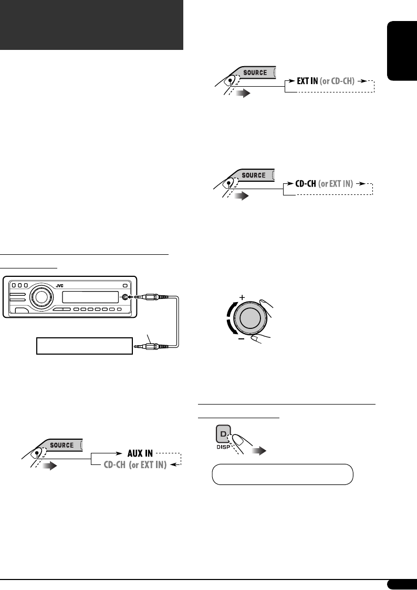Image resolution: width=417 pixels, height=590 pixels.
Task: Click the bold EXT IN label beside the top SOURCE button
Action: coord(303,81)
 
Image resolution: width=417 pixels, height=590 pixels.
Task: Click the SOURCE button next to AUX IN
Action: coord(62,445)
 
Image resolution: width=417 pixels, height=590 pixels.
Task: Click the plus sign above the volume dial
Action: coord(242,297)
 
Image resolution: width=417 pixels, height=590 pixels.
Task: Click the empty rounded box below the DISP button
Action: coord(282,474)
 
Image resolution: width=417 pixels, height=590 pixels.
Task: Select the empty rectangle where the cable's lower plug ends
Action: coord(84,346)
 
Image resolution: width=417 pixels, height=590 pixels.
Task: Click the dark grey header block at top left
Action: coord(91,25)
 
